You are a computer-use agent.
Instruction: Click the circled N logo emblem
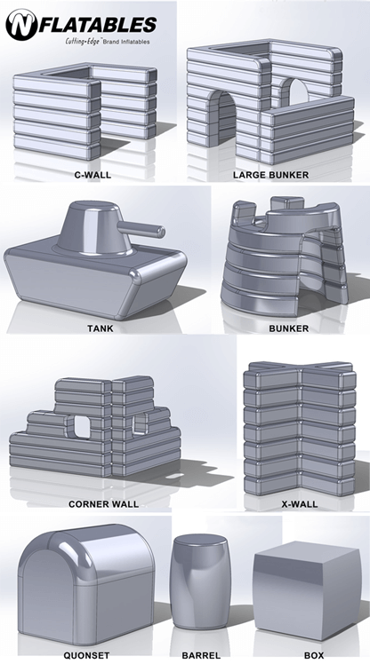21,26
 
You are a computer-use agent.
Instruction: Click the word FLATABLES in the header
98,25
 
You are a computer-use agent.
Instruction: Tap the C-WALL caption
92,175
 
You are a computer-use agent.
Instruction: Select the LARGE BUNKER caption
270,175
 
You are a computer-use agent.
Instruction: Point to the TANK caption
101,328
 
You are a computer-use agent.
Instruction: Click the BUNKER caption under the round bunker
289,328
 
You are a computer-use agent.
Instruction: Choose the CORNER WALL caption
103,504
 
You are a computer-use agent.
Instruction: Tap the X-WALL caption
300,504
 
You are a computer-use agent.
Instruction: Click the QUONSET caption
86,656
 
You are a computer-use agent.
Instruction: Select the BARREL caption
201,656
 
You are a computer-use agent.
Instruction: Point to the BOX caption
314,656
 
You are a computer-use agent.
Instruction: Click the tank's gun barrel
141,230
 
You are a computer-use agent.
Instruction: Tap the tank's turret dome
94,229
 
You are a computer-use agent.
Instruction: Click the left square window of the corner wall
81,427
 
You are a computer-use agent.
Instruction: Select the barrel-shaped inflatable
200,582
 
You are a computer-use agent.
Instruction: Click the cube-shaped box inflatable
307,591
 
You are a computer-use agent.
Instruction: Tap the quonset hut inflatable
86,585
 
